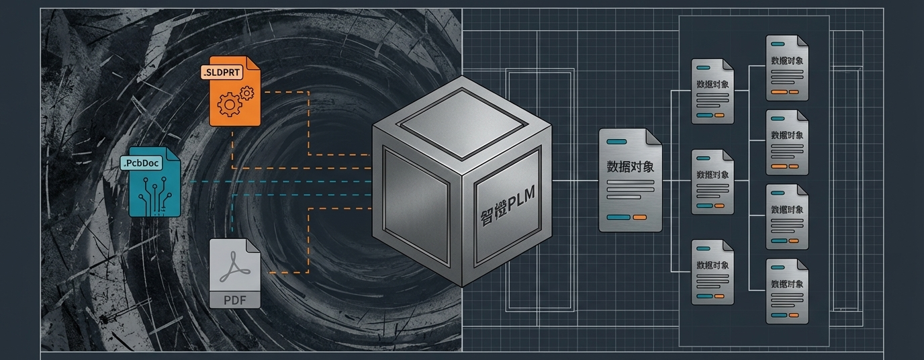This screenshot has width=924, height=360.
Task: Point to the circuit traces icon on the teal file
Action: point(154,193)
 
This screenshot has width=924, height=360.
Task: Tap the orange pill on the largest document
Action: point(639,218)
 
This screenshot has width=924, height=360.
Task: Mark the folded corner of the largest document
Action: point(653,136)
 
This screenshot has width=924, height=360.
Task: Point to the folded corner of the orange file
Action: point(253,63)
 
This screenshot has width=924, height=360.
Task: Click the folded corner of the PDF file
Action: point(253,246)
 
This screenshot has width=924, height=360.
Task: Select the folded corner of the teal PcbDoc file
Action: point(173,154)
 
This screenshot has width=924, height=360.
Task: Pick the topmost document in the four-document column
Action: point(787,68)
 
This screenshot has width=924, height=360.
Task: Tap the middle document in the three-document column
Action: point(712,182)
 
